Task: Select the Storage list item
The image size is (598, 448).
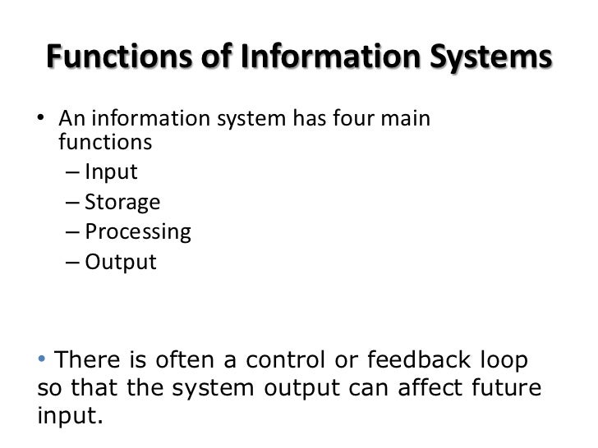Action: (122, 202)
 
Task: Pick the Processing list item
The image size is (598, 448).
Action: (137, 232)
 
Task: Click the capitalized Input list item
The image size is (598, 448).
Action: (111, 172)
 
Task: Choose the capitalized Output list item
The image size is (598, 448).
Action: (120, 263)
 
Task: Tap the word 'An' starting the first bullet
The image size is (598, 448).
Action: (71, 119)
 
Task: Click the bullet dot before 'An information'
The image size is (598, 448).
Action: (43, 120)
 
